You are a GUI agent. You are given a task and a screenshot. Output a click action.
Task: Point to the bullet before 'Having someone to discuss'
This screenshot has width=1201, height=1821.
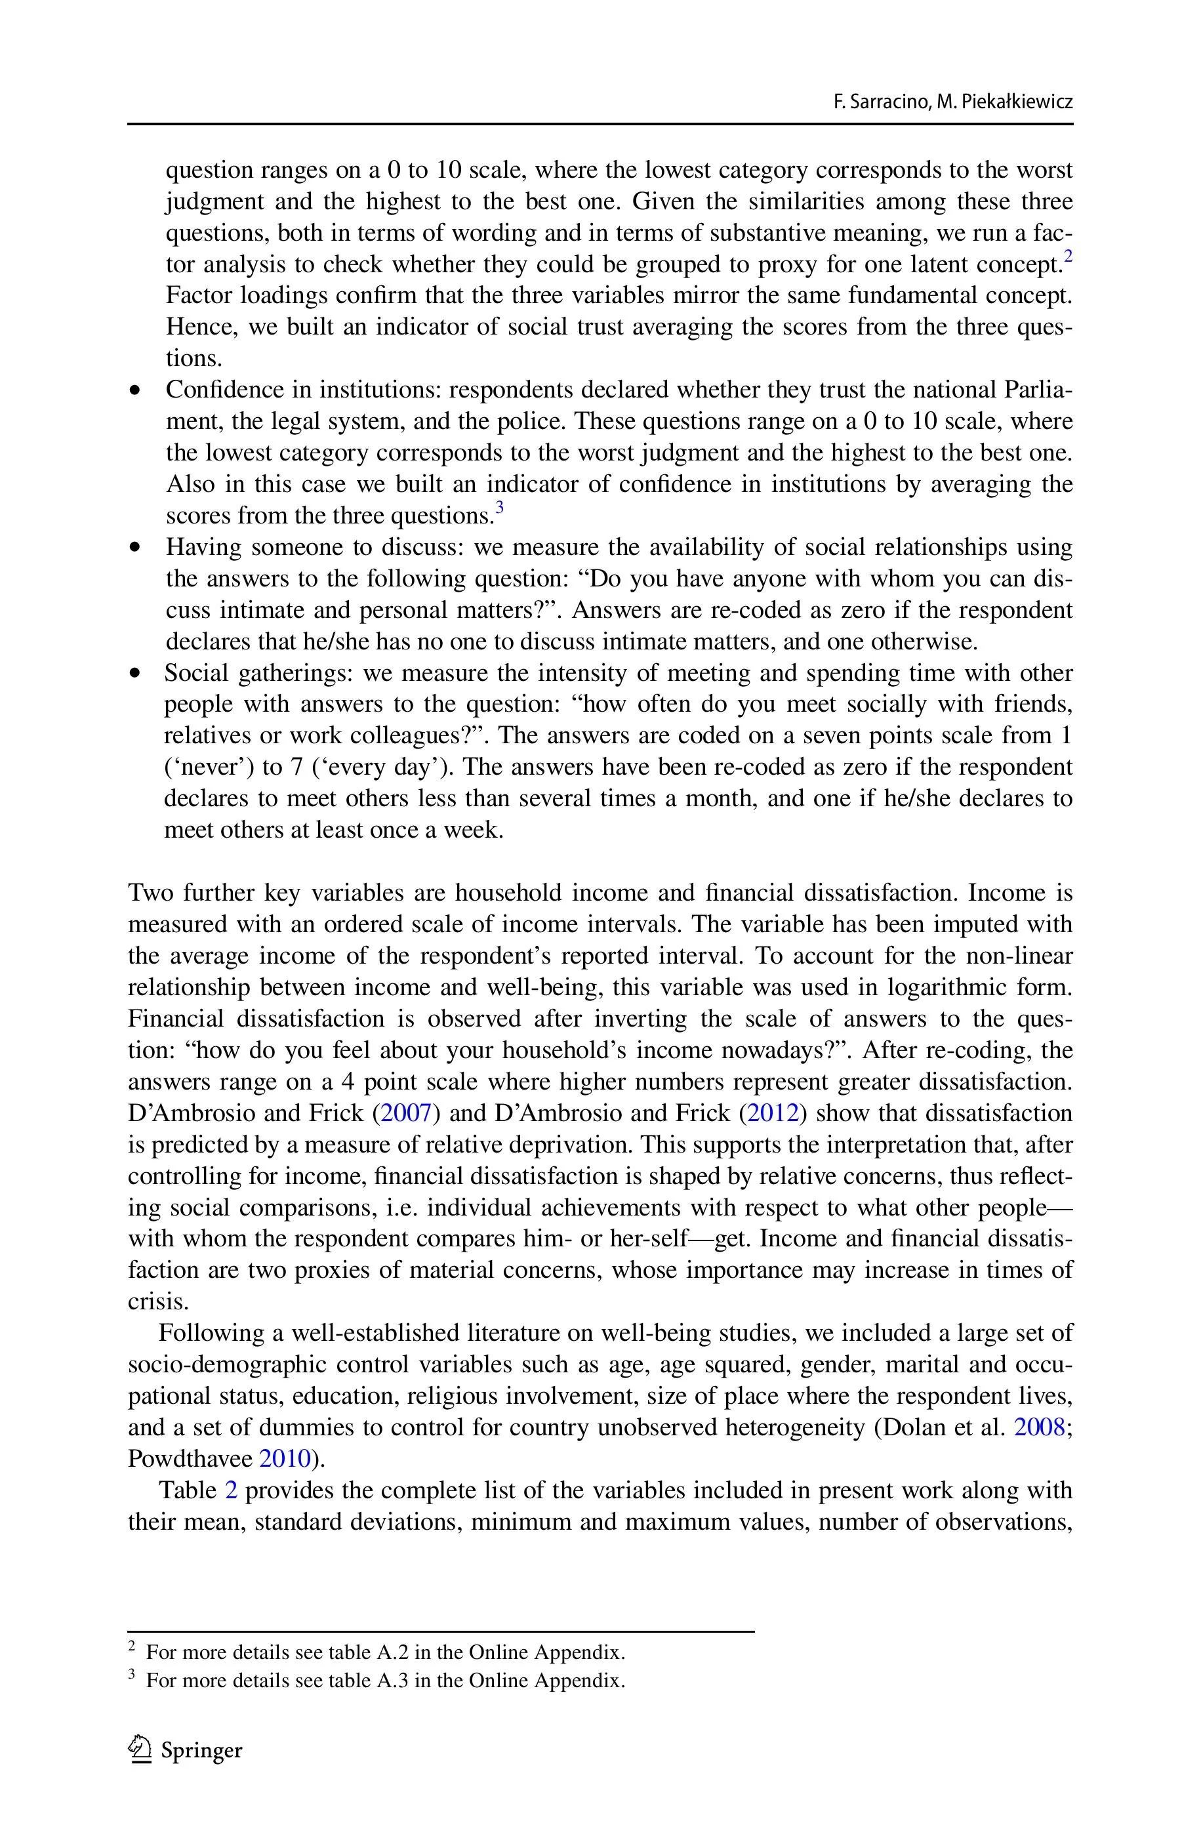click(136, 548)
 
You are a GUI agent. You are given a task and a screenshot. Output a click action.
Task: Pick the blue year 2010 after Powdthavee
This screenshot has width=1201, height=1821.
click(285, 1459)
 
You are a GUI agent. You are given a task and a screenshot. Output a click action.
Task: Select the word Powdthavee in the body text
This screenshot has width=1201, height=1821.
click(190, 1459)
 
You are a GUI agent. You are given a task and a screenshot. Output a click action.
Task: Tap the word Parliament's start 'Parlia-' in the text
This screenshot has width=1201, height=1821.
click(1037, 390)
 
